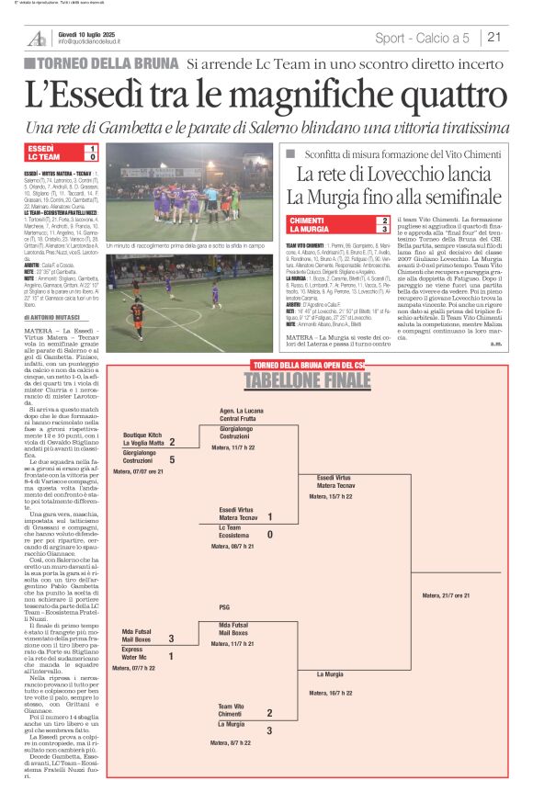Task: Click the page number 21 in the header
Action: tap(493, 38)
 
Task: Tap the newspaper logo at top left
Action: tap(37, 38)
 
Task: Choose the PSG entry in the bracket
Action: tap(225, 606)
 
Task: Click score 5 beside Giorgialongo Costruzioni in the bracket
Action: tap(172, 458)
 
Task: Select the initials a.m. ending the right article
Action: tap(494, 345)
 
